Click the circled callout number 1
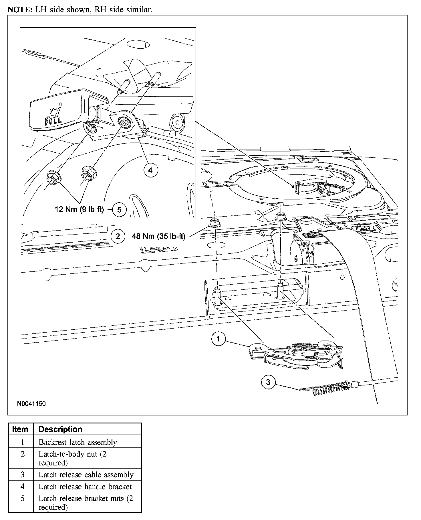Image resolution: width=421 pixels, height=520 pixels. click(x=218, y=339)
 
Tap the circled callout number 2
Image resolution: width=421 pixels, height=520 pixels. click(x=118, y=236)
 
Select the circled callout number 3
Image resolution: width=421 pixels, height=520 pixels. click(x=268, y=382)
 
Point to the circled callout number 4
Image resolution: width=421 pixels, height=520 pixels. click(x=150, y=170)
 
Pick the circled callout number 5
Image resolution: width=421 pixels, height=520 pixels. click(x=119, y=210)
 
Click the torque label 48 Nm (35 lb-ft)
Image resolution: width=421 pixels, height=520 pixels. click(x=158, y=236)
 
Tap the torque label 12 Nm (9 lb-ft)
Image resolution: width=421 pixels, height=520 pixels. click(x=79, y=209)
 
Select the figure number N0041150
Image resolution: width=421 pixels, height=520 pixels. click(x=31, y=404)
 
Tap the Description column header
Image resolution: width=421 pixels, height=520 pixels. click(x=60, y=429)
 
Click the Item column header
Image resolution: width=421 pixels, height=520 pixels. click(x=20, y=429)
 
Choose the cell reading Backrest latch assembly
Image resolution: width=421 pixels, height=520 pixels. click(x=78, y=442)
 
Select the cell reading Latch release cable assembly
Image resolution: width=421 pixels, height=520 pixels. click(x=86, y=475)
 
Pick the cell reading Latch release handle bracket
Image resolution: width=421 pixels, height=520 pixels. click(x=85, y=487)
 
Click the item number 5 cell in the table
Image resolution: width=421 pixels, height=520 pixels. click(x=23, y=499)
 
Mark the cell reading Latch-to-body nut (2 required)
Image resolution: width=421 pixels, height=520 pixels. click(x=73, y=458)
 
